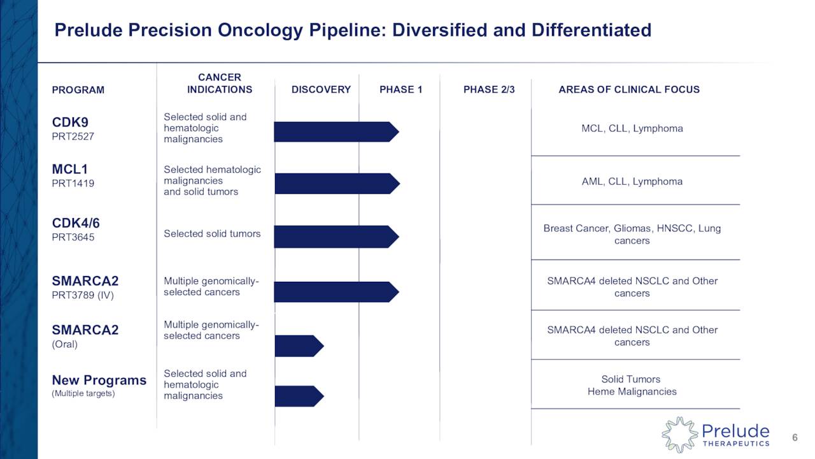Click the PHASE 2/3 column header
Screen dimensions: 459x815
489,90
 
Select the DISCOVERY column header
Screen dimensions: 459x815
321,90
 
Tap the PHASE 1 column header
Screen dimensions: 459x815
400,90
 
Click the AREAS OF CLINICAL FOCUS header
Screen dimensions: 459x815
629,90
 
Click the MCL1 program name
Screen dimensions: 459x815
70,170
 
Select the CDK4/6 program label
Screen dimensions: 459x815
76,223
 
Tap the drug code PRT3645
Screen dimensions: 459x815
73,238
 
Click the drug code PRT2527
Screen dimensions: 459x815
73,136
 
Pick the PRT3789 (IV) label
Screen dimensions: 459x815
83,295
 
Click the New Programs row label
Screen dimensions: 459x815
99,381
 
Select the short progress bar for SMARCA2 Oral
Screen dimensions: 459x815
299,346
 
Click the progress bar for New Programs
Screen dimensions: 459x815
299,396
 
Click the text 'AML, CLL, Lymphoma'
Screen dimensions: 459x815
632,182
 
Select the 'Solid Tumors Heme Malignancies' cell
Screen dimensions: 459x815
632,386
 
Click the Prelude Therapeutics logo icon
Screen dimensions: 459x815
679,435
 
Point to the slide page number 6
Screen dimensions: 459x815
795,437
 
